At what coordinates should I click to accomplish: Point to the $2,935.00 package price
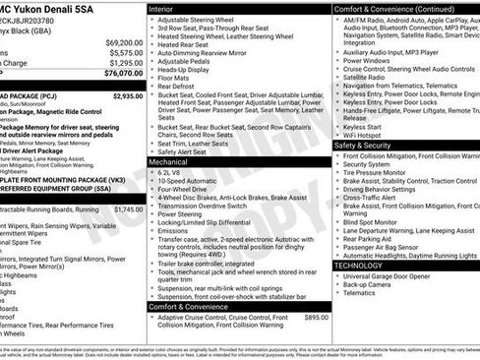click(127, 96)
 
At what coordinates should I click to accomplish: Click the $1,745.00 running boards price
click(127, 209)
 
